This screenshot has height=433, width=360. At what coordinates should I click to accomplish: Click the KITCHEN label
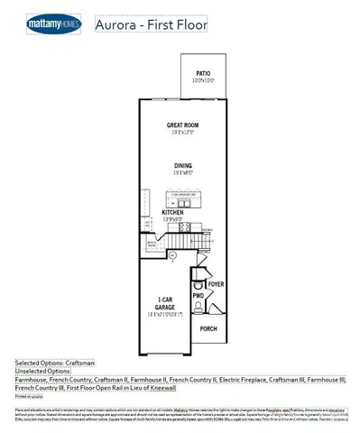pos(173,213)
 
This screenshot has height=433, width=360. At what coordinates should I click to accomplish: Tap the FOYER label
pos(216,283)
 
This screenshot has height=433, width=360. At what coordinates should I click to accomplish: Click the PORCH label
pos(208,328)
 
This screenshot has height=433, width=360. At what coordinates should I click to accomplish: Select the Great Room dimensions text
pos(182,133)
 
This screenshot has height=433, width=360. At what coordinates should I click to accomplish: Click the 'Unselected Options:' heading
pos(42,371)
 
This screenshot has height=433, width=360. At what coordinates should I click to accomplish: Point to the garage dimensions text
pos(164,314)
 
